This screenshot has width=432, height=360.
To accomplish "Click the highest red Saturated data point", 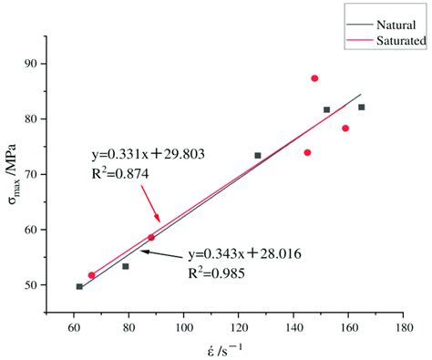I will (x=314, y=78).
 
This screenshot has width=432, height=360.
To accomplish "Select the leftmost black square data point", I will (x=79, y=286).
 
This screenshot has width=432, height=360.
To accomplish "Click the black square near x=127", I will (x=258, y=156).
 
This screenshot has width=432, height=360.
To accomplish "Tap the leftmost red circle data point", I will (x=91, y=274).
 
